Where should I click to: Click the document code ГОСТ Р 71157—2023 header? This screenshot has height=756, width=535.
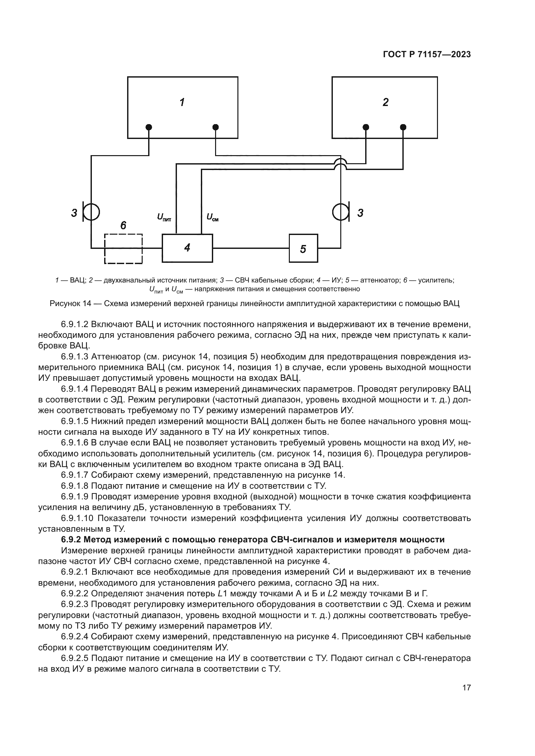pyautogui.click(x=427, y=55)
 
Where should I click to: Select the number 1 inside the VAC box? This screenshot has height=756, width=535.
pyautogui.click(x=182, y=102)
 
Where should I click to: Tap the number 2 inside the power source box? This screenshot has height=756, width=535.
pyautogui.click(x=386, y=102)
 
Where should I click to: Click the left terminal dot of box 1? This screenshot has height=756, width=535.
pyautogui.click(x=149, y=127)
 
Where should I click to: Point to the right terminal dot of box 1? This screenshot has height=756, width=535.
pyautogui.click(x=215, y=127)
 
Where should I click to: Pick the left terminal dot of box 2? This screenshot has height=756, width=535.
pyautogui.click(x=366, y=127)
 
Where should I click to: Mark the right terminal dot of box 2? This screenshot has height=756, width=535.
pyautogui.click(x=403, y=127)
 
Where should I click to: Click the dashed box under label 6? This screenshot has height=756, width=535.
pyautogui.click(x=123, y=249)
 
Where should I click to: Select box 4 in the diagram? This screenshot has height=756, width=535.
pyautogui.click(x=187, y=248)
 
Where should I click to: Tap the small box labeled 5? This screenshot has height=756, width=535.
pyautogui.click(x=303, y=248)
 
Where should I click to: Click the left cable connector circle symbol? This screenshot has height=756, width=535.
pyautogui.click(x=92, y=212)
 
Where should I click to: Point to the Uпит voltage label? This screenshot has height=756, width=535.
pyautogui.click(x=164, y=217)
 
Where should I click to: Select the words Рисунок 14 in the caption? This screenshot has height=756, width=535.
pyautogui.click(x=70, y=303)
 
